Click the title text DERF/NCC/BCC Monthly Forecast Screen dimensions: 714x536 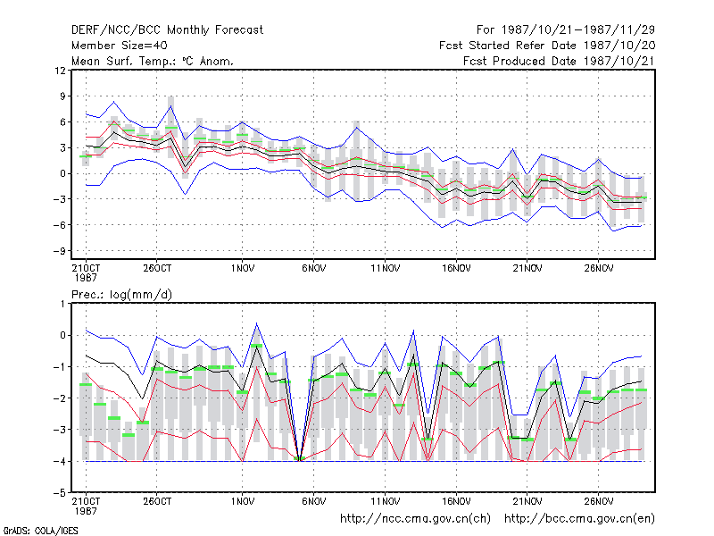[167, 30]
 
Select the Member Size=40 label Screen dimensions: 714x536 [120, 46]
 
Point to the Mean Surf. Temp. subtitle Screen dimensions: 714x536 [153, 61]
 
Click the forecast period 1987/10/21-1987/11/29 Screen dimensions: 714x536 [566, 30]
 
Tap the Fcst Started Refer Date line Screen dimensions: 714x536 [547, 46]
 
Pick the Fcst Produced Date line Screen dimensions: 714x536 [560, 61]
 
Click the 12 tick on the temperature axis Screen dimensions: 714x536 [60, 71]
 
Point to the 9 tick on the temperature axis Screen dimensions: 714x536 [63, 96]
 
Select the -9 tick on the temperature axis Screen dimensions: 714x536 [60, 251]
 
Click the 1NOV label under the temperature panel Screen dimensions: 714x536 [242, 268]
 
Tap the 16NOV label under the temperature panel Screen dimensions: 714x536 [456, 268]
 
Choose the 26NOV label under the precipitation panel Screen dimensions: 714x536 [599, 501]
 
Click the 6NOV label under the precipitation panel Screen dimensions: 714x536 [314, 501]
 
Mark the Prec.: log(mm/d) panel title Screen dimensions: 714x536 [121, 295]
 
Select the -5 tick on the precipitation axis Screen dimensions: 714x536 [60, 493]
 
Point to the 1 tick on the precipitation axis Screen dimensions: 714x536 [63, 304]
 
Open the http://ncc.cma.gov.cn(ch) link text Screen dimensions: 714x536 [415, 519]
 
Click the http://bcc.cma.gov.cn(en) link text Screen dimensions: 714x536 [579, 519]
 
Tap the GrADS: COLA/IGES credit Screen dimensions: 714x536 [40, 531]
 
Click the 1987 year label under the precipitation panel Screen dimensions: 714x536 [85, 511]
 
